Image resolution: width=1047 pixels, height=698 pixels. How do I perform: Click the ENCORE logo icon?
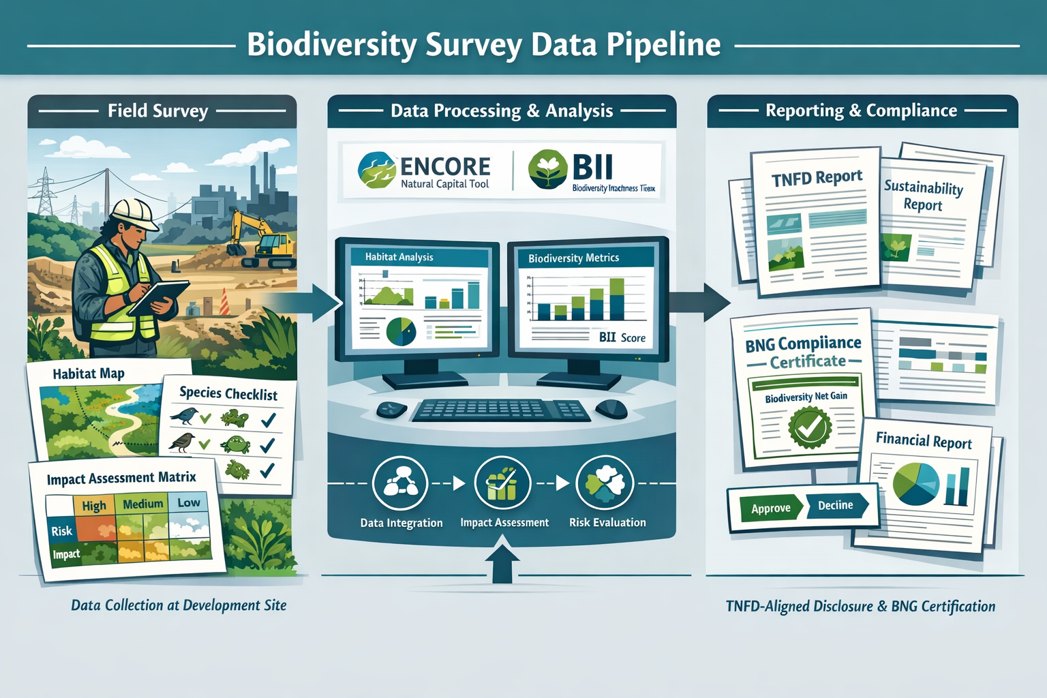point(377,170)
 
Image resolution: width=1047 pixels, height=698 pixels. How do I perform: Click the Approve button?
point(771,509)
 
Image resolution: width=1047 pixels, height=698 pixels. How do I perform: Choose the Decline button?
point(836,505)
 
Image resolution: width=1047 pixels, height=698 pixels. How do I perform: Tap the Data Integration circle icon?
point(400,484)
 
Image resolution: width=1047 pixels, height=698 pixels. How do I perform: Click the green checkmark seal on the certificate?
point(809,428)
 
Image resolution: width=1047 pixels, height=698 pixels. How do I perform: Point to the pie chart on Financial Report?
point(915,483)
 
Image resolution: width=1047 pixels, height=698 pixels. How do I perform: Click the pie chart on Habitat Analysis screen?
point(401,331)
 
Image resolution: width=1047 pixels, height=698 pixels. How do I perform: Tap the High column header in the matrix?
point(94,505)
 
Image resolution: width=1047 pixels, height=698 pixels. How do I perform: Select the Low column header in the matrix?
point(189,502)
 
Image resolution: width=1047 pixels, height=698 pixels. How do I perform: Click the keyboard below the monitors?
point(502,410)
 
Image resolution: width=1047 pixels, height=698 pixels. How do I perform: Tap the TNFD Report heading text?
point(817,178)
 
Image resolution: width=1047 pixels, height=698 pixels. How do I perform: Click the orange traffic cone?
point(224,303)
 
